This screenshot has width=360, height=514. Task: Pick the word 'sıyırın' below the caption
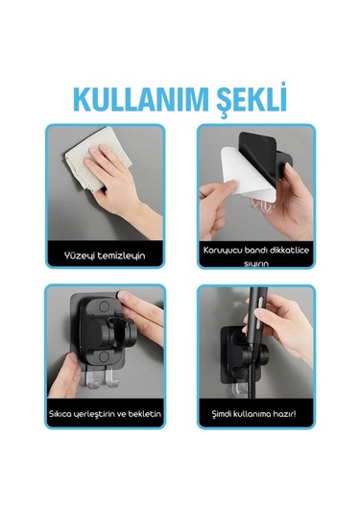pyautogui.click(x=254, y=261)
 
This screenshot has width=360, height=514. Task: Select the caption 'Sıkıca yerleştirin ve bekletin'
pyautogui.click(x=106, y=414)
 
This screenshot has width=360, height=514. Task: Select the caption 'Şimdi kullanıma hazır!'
pyautogui.click(x=254, y=414)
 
